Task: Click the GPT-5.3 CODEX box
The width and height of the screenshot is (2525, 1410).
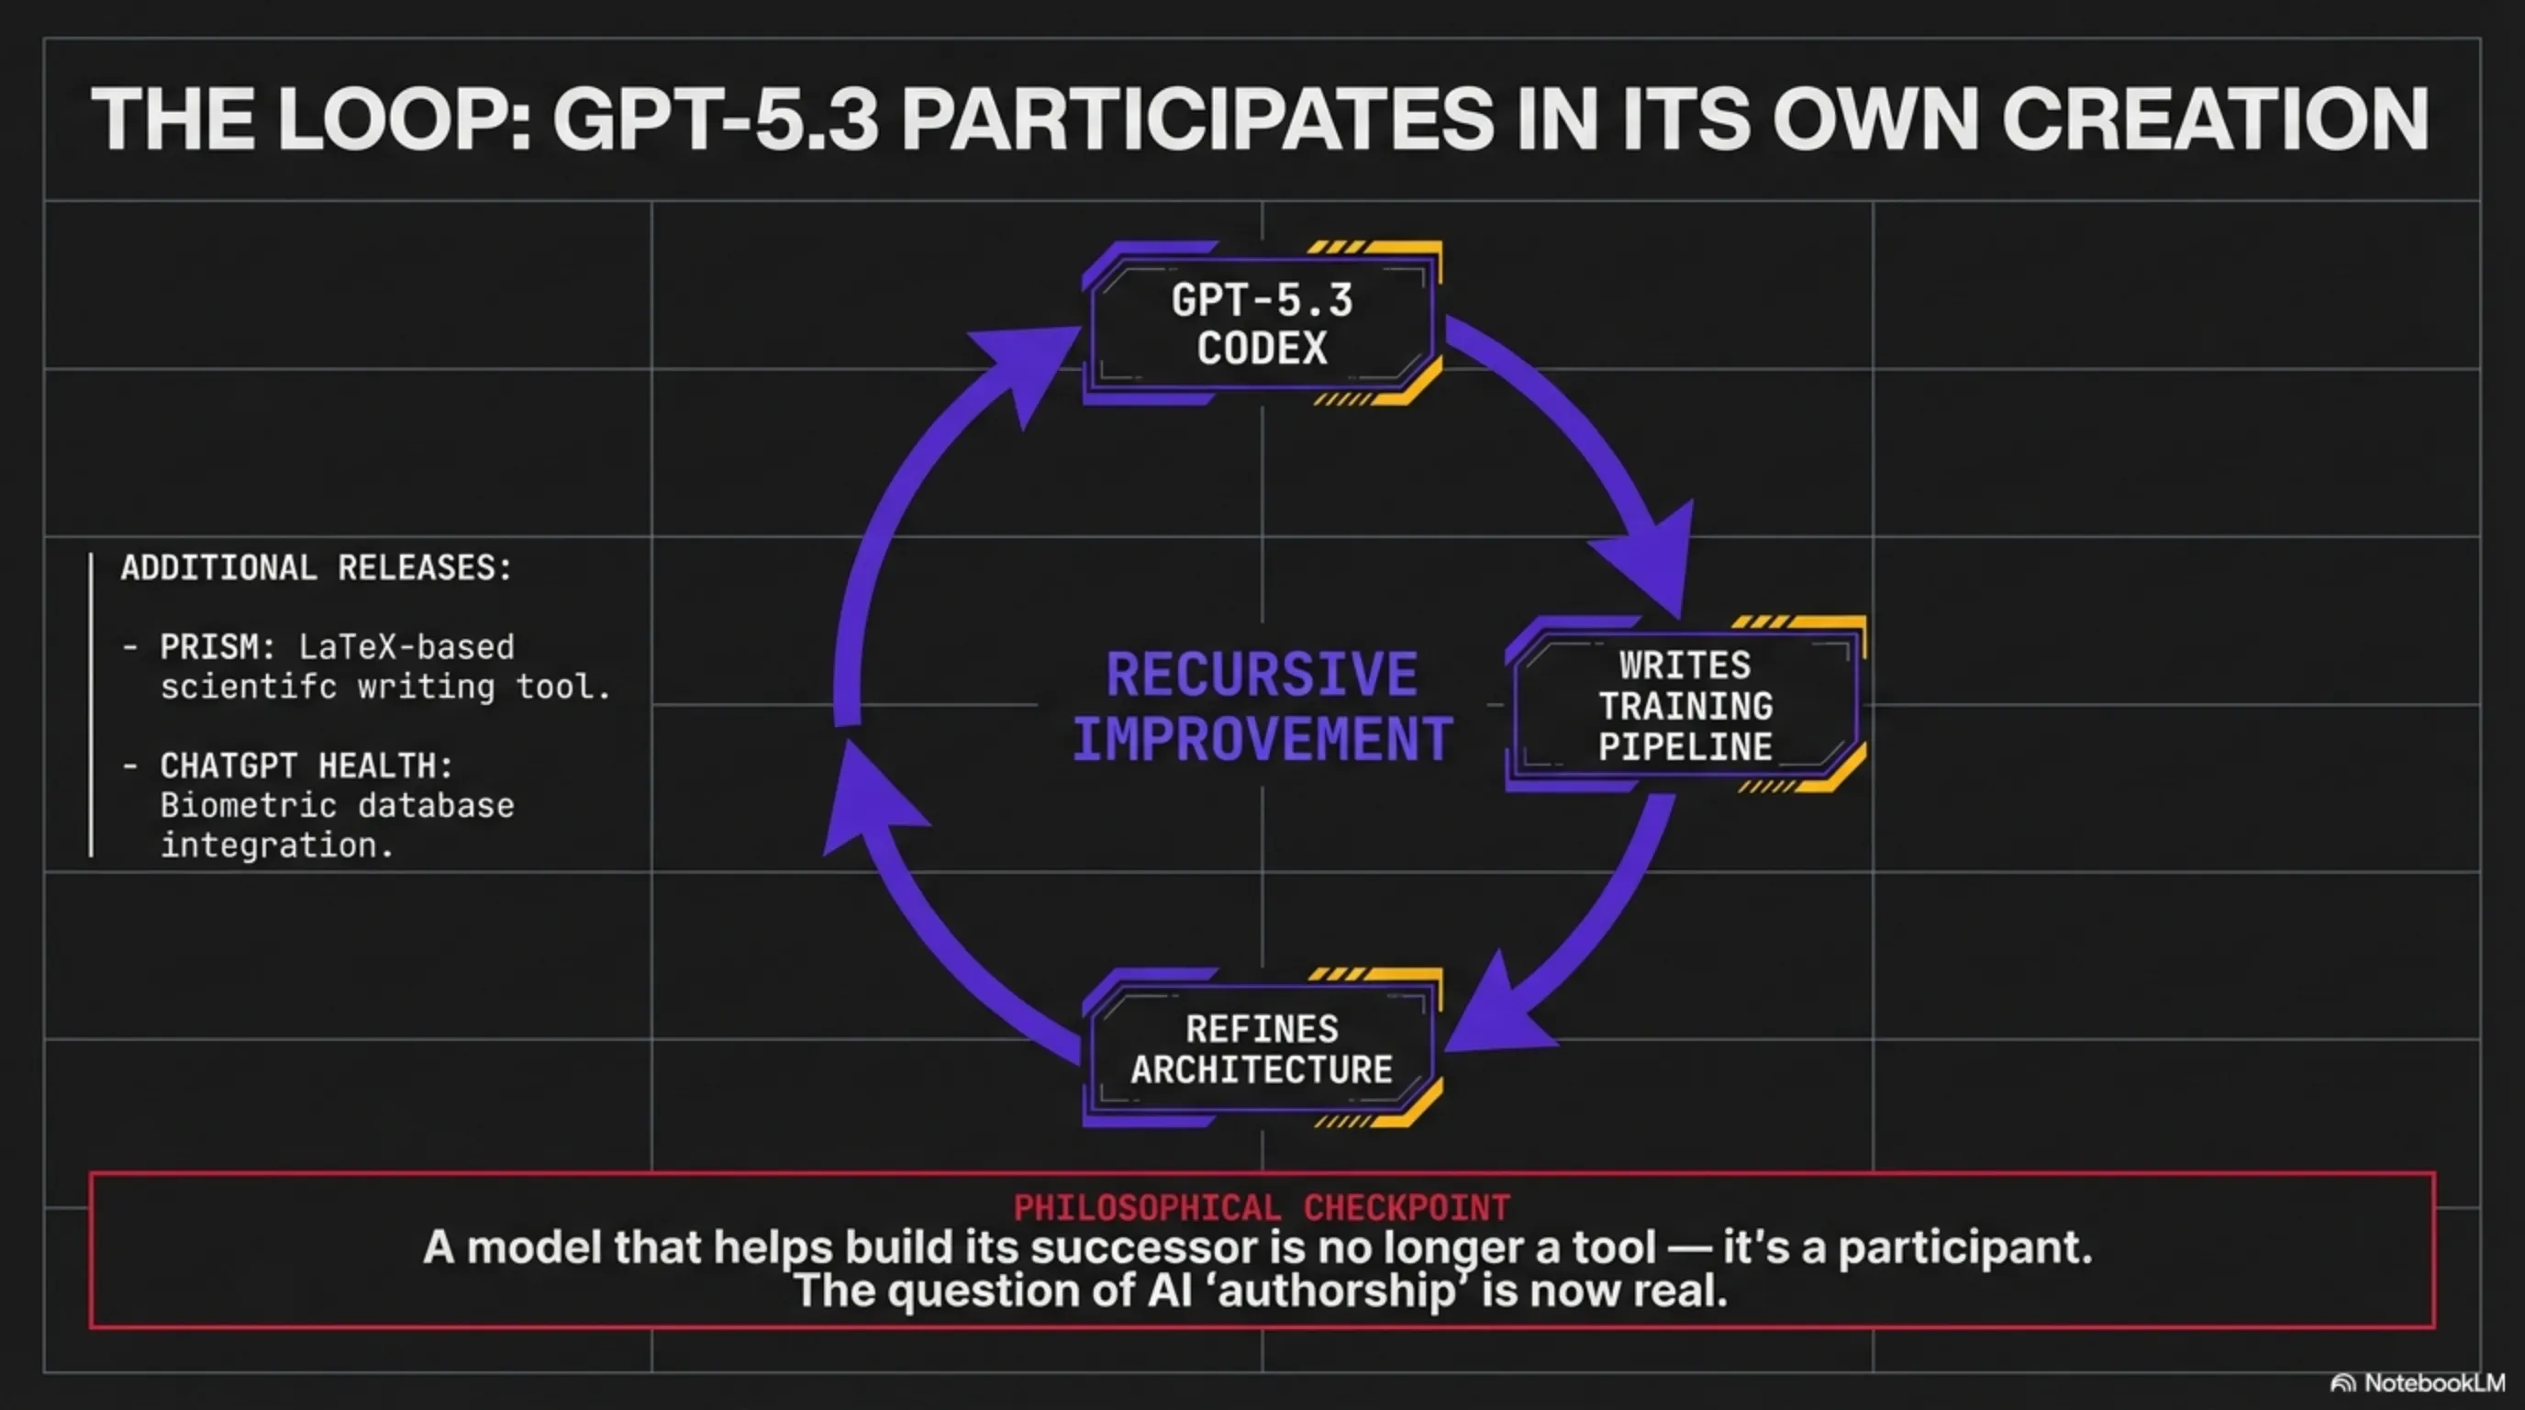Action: coord(1262,323)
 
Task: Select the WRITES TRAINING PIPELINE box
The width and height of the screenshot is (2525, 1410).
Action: coord(1685,705)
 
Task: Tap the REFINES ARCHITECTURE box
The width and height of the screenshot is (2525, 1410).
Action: coord(1262,1048)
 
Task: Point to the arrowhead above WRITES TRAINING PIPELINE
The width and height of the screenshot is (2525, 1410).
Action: coord(1647,559)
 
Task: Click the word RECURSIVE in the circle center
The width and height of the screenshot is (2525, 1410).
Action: coord(1262,675)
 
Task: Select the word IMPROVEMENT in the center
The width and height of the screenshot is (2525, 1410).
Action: coord(1262,738)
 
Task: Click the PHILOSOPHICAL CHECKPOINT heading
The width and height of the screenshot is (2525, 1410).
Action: coord(1262,1207)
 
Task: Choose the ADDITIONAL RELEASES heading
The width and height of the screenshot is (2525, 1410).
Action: coord(317,567)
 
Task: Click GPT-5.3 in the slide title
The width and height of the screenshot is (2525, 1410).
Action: coord(716,118)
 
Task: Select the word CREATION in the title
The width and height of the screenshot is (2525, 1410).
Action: coord(2215,118)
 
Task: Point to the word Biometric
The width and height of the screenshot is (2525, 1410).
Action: coord(248,806)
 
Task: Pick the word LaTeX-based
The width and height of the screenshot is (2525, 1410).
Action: coord(406,647)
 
